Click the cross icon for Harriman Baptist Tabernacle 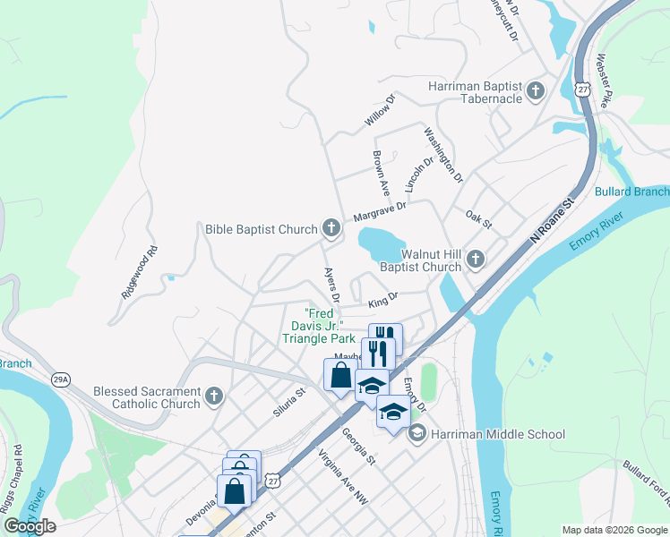pyautogui.click(x=536, y=90)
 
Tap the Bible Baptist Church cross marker pyautogui.click(x=331, y=229)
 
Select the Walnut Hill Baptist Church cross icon pyautogui.click(x=475, y=260)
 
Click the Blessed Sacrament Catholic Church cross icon pyautogui.click(x=213, y=396)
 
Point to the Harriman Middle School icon pyautogui.click(x=416, y=434)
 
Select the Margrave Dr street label pyautogui.click(x=380, y=211)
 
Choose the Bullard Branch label pyautogui.click(x=631, y=192)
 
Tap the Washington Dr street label pyautogui.click(x=443, y=155)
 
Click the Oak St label pyautogui.click(x=478, y=218)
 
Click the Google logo pyautogui.click(x=30, y=526)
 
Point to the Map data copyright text pyautogui.click(x=614, y=530)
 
